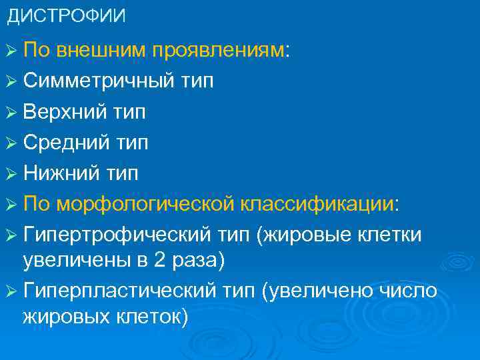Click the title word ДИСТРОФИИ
(x=65, y=15)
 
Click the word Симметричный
(x=99, y=81)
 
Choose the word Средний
(x=65, y=143)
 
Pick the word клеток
(x=154, y=316)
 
